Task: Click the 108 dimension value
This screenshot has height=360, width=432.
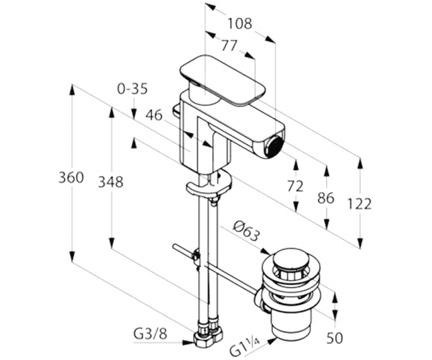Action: tap(240, 24)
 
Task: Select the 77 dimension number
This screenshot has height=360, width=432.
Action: tap(229, 45)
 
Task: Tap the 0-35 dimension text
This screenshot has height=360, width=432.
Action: tap(132, 89)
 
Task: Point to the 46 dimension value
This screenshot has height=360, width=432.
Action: tap(154, 115)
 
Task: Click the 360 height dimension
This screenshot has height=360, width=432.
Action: tap(71, 177)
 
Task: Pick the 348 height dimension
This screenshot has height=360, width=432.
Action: tap(111, 182)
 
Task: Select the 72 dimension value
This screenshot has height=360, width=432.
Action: tap(295, 186)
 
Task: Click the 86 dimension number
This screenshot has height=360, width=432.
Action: tap(325, 198)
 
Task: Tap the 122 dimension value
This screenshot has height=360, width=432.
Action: tap(359, 204)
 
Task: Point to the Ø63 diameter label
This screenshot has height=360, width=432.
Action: tap(246, 232)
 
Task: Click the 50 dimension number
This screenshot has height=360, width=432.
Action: tap(335, 338)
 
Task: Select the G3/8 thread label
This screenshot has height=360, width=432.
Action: tap(150, 334)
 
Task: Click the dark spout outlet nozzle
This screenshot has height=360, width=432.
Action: tap(275, 146)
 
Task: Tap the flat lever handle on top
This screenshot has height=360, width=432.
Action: tap(222, 80)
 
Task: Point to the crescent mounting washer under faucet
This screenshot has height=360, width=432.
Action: tap(210, 184)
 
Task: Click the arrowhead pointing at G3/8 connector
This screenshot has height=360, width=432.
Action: tap(189, 343)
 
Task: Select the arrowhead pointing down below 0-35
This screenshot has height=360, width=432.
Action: tap(134, 114)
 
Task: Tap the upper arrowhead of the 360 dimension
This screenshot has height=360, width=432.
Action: tap(72, 90)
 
